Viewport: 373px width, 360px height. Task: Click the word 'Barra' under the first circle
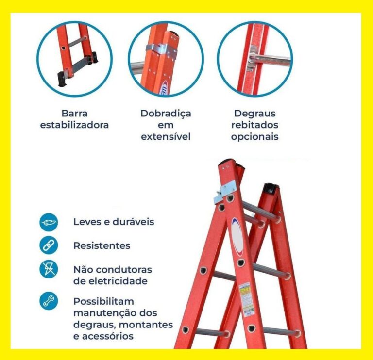click(74, 114)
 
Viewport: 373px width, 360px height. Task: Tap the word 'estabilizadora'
click(74, 125)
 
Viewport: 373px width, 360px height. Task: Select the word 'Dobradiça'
click(166, 114)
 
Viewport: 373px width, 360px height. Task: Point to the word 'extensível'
click(166, 137)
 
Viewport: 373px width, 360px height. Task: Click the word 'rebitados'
click(254, 125)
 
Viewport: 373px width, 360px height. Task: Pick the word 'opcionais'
click(254, 137)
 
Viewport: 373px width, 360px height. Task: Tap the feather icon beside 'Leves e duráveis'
click(49, 222)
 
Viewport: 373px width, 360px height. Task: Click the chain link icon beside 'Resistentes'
click(49, 245)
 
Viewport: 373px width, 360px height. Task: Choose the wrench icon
click(49, 301)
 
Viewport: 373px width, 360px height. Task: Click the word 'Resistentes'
click(102, 245)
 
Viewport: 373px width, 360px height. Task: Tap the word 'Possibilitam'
click(103, 301)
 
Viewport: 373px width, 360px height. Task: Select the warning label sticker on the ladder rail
click(244, 296)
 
